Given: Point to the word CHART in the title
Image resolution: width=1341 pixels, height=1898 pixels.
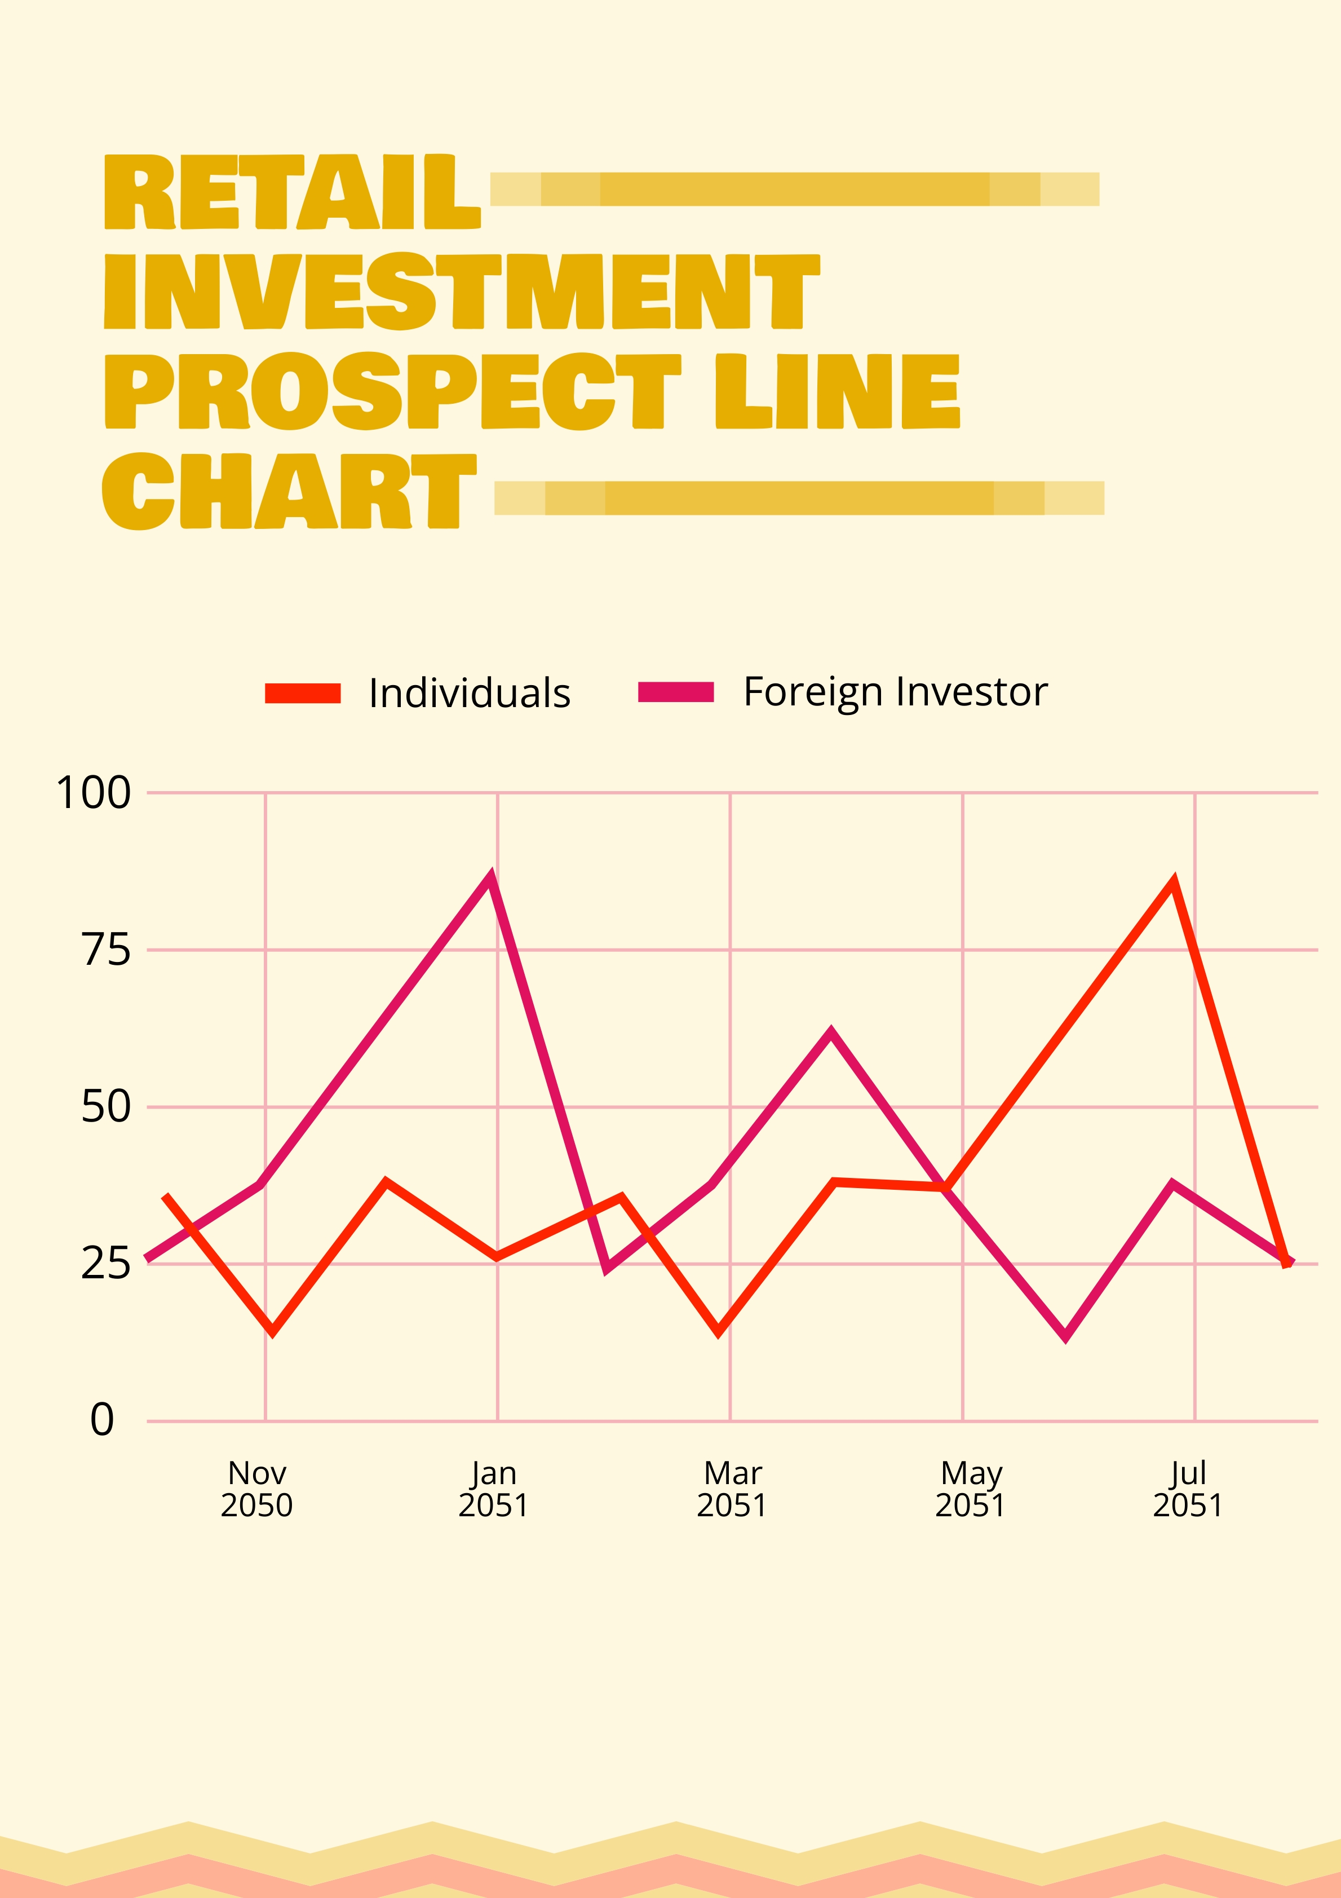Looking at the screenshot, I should click(289, 491).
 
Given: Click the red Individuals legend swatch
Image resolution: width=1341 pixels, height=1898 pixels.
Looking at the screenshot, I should click(302, 694).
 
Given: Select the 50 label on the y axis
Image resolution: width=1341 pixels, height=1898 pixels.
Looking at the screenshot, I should click(106, 1107).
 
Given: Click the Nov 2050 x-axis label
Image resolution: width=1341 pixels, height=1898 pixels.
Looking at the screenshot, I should click(257, 1489).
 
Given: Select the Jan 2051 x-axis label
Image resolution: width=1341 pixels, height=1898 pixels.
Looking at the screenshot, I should click(493, 1489).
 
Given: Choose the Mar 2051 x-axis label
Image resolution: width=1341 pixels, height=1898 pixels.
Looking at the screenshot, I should click(732, 1489).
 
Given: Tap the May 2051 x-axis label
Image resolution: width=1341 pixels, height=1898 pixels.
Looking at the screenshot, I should click(971, 1489).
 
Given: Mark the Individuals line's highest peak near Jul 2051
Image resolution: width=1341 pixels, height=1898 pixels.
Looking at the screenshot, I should click(1173, 882).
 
